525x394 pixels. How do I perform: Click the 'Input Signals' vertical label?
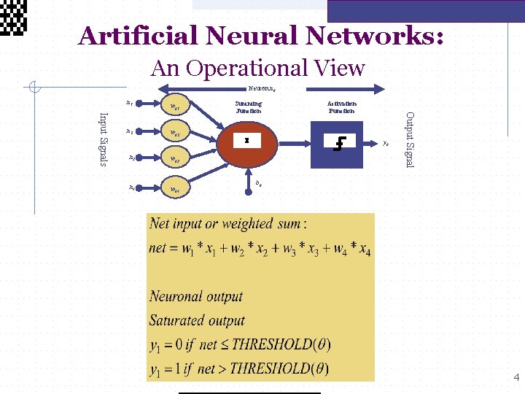pos(104,139)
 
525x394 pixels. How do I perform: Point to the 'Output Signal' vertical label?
pos(410,139)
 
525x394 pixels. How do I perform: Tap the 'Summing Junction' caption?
pos(248,107)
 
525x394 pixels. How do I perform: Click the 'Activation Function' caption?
pos(341,107)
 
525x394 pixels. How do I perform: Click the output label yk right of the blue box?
pos(386,144)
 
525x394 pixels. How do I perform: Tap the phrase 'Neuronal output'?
pos(195,296)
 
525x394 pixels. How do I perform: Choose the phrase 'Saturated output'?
pos(197,320)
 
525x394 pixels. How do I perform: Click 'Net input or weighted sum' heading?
pos(227,223)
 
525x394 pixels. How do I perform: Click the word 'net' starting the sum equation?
pos(158,248)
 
